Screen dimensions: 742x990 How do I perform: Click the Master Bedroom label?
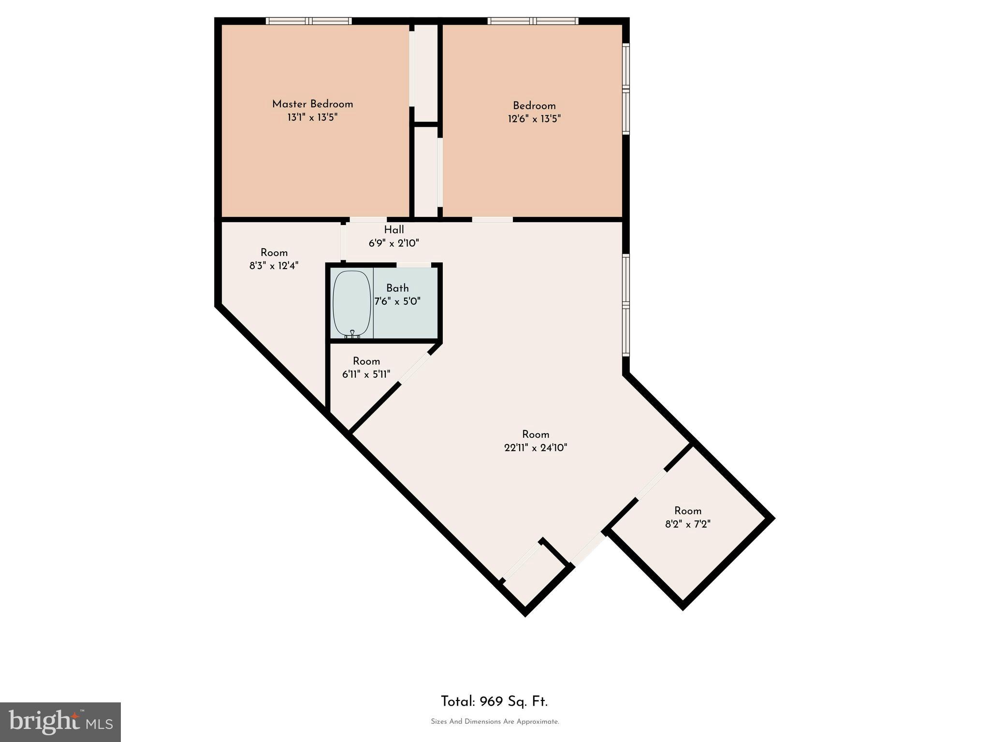tap(312, 104)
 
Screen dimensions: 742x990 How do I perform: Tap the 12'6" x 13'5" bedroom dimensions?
tap(534, 119)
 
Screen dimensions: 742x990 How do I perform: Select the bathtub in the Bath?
tap(352, 303)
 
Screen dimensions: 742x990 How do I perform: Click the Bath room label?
tap(397, 288)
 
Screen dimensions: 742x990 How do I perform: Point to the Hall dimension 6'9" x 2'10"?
tap(393, 243)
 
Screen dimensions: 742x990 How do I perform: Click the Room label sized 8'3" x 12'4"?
tap(274, 253)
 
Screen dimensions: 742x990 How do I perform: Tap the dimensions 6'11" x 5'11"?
tap(366, 374)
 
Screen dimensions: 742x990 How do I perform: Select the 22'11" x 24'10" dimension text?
tap(535, 448)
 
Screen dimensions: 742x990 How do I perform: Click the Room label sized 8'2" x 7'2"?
tap(687, 511)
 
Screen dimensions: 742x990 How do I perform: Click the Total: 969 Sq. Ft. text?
tap(494, 701)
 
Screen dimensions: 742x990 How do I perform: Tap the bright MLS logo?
tap(60, 722)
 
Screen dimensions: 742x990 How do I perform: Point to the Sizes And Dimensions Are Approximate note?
tap(495, 722)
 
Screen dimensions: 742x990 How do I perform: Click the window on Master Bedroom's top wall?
tap(308, 21)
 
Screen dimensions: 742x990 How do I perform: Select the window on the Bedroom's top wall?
tap(533, 21)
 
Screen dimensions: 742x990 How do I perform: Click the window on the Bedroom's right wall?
tap(626, 88)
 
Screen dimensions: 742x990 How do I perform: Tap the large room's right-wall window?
tap(626, 305)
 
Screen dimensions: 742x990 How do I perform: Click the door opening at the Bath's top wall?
tap(414, 265)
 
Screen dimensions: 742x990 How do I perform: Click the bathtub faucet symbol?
tap(352, 333)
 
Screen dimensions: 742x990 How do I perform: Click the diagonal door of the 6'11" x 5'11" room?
tap(414, 369)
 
